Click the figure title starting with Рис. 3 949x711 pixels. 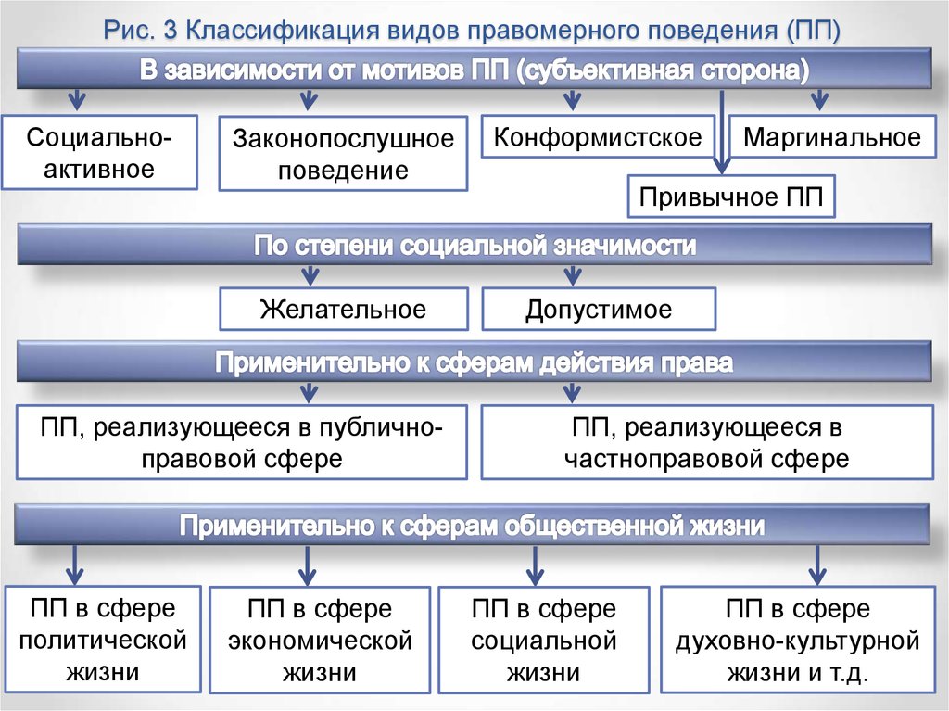point(472,30)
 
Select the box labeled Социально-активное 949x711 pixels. point(99,153)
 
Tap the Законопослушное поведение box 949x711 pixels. point(343,154)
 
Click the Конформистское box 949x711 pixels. point(598,137)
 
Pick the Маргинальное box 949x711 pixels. point(832,137)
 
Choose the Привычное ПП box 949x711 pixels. point(731,197)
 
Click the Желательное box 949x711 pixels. point(344,309)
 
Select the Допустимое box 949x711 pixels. point(599,309)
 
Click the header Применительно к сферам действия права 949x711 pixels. point(474,362)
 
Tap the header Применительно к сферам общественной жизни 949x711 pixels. point(472,525)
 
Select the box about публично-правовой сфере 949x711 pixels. point(242,443)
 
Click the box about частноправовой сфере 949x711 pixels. point(707,443)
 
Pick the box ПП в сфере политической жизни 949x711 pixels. point(102,639)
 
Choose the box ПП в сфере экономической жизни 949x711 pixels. point(320,640)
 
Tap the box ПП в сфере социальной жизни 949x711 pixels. point(543,640)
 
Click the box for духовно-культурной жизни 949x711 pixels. point(798,640)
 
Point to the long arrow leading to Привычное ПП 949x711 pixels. point(721,132)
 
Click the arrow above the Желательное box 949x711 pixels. point(310,275)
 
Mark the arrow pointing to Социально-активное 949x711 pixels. point(77,99)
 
